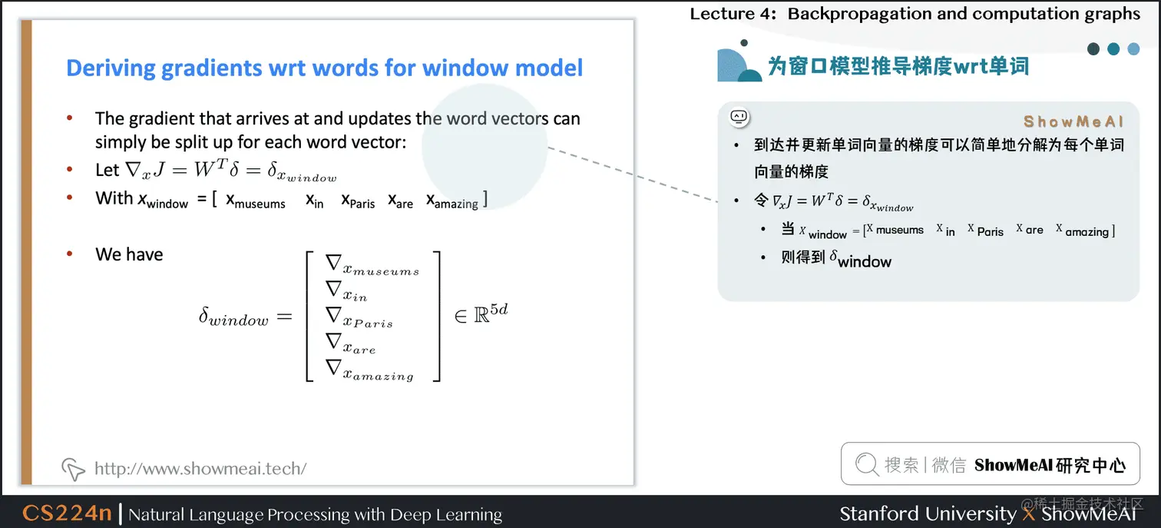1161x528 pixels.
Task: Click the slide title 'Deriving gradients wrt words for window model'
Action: (324, 68)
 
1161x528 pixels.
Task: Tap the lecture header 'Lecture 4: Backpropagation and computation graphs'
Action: (915, 14)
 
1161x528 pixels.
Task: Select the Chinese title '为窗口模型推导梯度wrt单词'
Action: (898, 66)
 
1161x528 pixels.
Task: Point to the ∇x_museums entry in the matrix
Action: (372, 266)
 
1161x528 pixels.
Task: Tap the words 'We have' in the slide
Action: (129, 254)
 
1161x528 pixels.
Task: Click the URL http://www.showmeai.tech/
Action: (200, 468)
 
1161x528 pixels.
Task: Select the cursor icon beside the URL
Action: (73, 469)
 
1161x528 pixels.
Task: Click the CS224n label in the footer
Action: (67, 513)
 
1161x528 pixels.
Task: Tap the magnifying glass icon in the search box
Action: (867, 464)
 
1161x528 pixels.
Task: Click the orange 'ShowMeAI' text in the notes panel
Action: (1073, 121)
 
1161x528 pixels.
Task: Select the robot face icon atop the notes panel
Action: (739, 117)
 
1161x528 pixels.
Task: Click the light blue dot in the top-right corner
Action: (1133, 49)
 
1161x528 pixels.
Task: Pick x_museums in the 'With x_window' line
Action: (256, 201)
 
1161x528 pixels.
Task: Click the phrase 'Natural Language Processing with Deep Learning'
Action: (315, 514)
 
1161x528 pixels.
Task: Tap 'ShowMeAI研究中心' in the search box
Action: (1050, 465)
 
